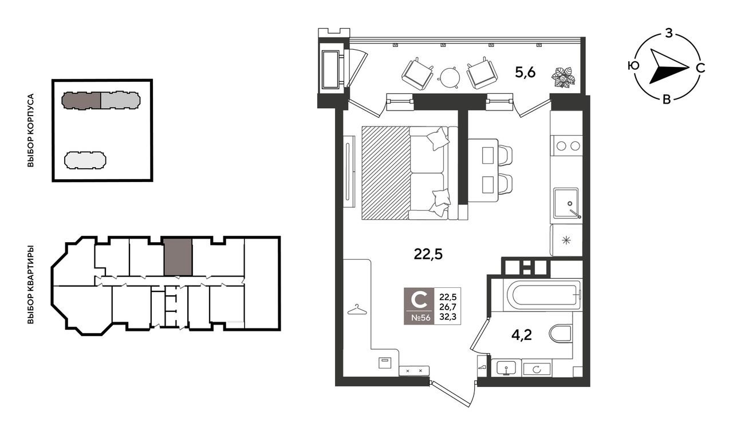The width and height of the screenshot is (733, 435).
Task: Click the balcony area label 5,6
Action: tap(525, 72)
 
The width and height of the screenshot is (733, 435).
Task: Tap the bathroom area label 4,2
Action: tap(521, 335)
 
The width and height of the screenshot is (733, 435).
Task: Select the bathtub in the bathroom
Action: tap(542, 295)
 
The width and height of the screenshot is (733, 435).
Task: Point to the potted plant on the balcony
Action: tap(563, 77)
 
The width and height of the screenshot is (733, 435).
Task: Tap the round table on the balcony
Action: tap(450, 77)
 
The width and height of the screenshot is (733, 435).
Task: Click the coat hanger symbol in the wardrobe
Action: tap(357, 310)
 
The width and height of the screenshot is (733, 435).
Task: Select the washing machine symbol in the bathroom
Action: tap(537, 369)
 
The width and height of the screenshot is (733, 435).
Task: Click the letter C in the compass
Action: tap(700, 68)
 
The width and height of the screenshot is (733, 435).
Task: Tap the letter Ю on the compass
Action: tap(633, 66)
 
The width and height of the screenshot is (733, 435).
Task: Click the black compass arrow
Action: tap(668, 70)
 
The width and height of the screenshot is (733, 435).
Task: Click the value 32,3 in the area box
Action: tap(448, 317)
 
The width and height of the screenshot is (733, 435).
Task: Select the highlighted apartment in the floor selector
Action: tap(178, 257)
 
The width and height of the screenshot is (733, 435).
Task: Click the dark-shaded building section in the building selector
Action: tap(81, 100)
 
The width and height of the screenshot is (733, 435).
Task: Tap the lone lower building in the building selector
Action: tap(85, 160)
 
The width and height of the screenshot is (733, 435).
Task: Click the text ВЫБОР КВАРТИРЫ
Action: tap(30, 284)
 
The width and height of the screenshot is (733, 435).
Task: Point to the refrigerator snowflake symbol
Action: tap(566, 241)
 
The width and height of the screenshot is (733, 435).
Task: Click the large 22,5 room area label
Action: tap(428, 254)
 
